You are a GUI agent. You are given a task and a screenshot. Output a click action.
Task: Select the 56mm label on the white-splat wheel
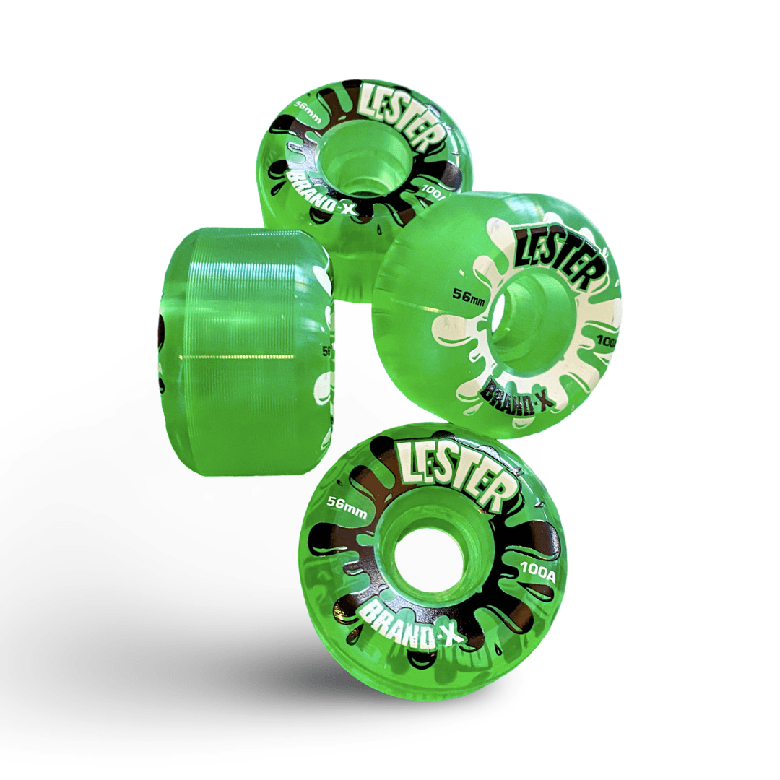(x=469, y=295)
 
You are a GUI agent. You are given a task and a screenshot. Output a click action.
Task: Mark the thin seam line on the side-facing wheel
(x=238, y=357)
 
